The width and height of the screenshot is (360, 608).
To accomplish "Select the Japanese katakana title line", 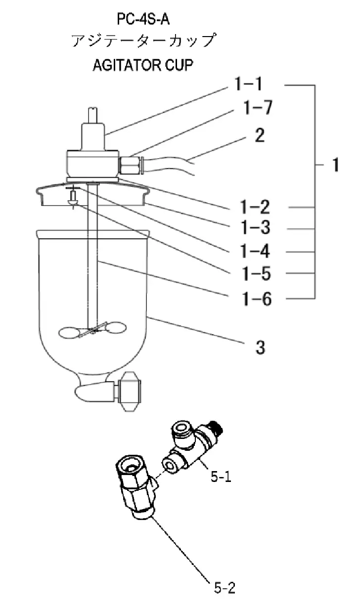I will [x=143, y=41].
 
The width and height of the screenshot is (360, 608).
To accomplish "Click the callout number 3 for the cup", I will [x=260, y=347].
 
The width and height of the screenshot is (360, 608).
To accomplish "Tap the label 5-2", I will [x=225, y=588].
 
